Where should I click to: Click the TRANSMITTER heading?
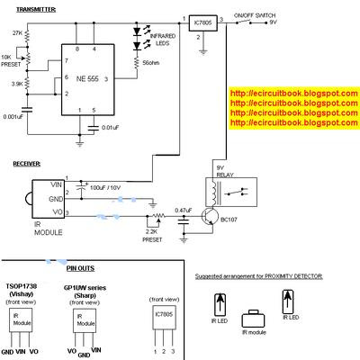[x=31, y=7]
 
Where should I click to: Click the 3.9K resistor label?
[x=16, y=83]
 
